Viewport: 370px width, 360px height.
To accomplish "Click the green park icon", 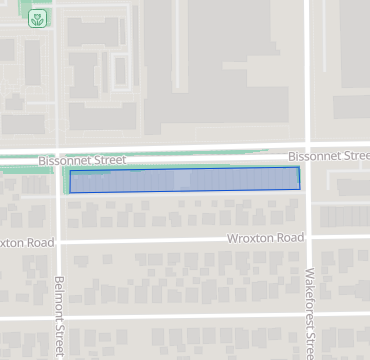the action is pos(38,18).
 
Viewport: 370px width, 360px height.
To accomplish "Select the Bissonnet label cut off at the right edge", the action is pos(328,156).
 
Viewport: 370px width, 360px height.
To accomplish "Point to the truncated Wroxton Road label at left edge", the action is pos(26,243).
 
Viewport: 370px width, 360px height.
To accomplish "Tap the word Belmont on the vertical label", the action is pos(59,297).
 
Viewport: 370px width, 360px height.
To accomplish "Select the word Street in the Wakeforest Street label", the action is pos(309,342).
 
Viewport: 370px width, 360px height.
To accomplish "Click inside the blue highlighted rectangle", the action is pos(185,180).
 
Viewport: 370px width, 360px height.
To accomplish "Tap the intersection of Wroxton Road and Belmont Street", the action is pos(59,242).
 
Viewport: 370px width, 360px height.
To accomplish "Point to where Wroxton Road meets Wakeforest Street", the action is pos(308,238).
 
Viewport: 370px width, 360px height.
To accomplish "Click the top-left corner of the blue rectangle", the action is pos(70,172).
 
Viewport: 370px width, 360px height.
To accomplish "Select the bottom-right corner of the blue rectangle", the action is pos(300,187).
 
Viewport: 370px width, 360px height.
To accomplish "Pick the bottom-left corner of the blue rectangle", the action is pos(70,192).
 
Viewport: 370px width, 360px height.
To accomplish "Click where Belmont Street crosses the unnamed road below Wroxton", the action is pos(59,318).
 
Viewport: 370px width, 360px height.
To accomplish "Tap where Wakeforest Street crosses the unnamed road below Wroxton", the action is pos(308,317).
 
